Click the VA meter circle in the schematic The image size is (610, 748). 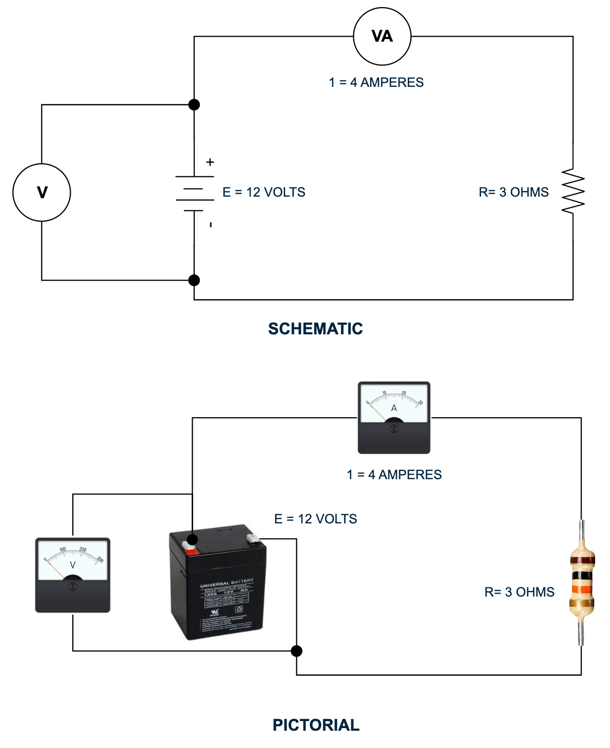(382, 37)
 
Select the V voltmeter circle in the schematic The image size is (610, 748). (42, 193)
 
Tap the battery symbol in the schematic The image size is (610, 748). (194, 194)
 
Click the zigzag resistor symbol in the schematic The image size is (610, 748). (573, 191)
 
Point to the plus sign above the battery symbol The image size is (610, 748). (210, 162)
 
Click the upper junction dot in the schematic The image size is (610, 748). (194, 105)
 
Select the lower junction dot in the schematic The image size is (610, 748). (194, 280)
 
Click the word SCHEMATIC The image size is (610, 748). (315, 329)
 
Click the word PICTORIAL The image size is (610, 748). (316, 725)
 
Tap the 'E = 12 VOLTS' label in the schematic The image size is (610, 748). (264, 192)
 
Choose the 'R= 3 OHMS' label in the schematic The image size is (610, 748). (513, 192)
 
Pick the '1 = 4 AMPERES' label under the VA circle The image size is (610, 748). (376, 82)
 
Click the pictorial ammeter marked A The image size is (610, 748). (394, 417)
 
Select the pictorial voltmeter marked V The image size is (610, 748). (73, 575)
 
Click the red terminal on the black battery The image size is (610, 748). (192, 551)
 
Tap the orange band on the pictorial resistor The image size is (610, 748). (582, 589)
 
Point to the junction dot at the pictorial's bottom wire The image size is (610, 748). (296, 651)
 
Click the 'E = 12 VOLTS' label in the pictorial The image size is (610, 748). (315, 519)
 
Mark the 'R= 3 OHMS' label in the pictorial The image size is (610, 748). (519, 592)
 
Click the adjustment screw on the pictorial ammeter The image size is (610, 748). (394, 429)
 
